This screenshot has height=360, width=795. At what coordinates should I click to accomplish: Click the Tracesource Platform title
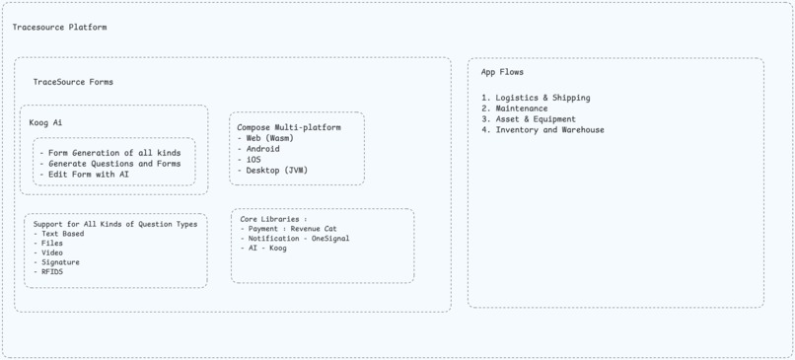(59, 28)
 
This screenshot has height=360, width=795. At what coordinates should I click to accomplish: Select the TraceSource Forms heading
(73, 82)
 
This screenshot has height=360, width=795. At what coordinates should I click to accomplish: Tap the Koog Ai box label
(46, 123)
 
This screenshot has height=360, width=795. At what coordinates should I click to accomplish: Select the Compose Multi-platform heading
(289, 128)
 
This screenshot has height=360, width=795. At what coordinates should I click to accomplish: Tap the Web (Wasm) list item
(269, 138)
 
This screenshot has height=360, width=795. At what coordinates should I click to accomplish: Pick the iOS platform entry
(253, 160)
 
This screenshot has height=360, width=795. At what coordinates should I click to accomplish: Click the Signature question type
(60, 262)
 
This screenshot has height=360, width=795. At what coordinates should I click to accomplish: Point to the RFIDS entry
(52, 272)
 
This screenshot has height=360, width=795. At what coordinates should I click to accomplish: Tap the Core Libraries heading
(274, 219)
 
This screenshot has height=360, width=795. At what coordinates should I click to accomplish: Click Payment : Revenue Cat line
(293, 229)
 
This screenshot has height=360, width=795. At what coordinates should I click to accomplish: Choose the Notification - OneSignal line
(299, 239)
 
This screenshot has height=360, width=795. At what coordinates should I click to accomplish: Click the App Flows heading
(502, 72)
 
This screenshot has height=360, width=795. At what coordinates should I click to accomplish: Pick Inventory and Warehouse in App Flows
(549, 130)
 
